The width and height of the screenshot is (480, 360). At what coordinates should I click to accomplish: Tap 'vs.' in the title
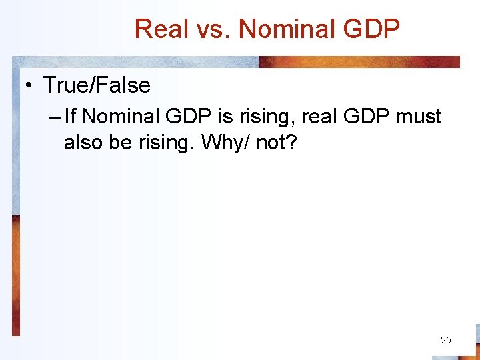(x=213, y=29)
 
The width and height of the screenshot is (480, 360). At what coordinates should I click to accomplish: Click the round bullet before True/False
(x=29, y=85)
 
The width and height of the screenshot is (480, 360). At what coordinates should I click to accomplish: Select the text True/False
(x=97, y=85)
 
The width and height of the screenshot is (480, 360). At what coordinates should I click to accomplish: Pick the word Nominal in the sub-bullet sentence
(x=121, y=117)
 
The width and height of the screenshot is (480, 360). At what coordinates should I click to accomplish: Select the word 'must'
(x=419, y=117)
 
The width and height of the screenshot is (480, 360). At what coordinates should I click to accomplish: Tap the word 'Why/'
(x=227, y=143)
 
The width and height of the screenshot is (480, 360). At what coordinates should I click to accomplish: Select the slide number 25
(x=446, y=340)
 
